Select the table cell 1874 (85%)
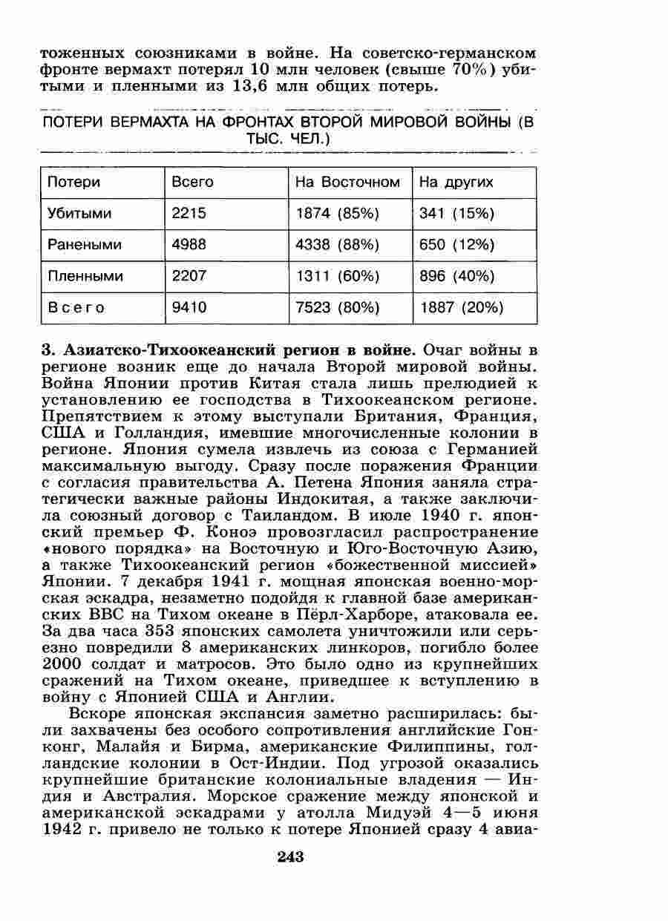click(x=337, y=214)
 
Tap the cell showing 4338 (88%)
click(x=338, y=245)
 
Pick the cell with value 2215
click(x=189, y=214)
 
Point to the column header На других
click(x=456, y=183)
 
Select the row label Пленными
click(x=85, y=276)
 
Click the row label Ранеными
click(x=85, y=245)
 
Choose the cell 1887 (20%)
click(x=461, y=307)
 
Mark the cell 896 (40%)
click(x=456, y=276)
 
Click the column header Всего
click(x=192, y=183)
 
